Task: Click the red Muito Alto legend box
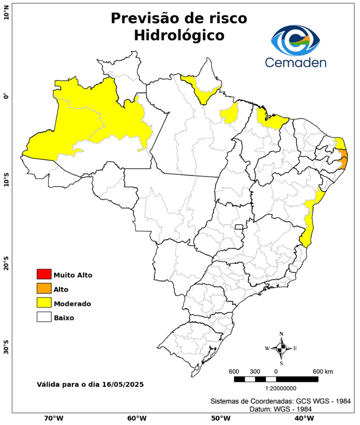pyautogui.click(x=44, y=274)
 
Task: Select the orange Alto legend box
pyautogui.click(x=44, y=288)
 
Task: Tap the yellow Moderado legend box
pyautogui.click(x=44, y=303)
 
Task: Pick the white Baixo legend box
pyautogui.click(x=44, y=317)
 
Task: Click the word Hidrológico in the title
pyautogui.click(x=179, y=36)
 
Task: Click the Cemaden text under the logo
pyautogui.click(x=296, y=62)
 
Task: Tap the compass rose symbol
pyautogui.click(x=281, y=348)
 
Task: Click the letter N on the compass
pyautogui.click(x=281, y=334)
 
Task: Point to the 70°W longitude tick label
pyautogui.click(x=53, y=418)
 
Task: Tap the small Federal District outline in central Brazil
pyautogui.click(x=239, y=227)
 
